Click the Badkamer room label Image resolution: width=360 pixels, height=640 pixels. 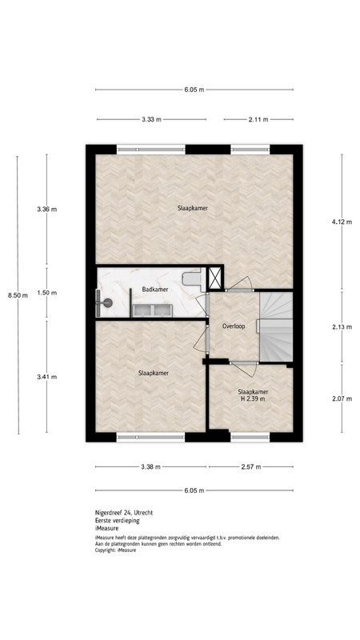155,290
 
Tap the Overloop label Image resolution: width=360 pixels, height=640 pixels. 234,326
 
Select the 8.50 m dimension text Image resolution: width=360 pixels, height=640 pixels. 18,295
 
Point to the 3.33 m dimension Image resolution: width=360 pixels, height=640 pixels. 152,119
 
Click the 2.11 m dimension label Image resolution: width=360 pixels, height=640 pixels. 258,119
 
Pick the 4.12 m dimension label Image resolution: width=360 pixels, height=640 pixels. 342,222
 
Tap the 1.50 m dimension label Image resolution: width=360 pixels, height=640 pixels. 47,293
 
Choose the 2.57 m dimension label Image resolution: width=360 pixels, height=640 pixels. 251,467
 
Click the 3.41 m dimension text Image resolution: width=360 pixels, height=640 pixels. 47,377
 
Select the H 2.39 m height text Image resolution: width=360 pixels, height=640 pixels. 253,398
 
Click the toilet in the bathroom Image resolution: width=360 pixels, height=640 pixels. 192,278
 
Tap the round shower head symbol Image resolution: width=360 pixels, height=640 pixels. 108,302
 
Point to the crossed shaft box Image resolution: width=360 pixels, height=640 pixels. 214,278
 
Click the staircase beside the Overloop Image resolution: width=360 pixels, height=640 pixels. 276,326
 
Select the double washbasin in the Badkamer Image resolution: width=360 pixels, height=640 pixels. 152,310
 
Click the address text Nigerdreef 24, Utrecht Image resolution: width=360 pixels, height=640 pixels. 124,513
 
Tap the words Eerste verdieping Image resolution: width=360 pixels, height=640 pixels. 117,521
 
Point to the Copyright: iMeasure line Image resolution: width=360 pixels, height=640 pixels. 115,550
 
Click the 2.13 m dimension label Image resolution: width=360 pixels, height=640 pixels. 342,326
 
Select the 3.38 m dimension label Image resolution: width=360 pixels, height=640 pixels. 150,467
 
